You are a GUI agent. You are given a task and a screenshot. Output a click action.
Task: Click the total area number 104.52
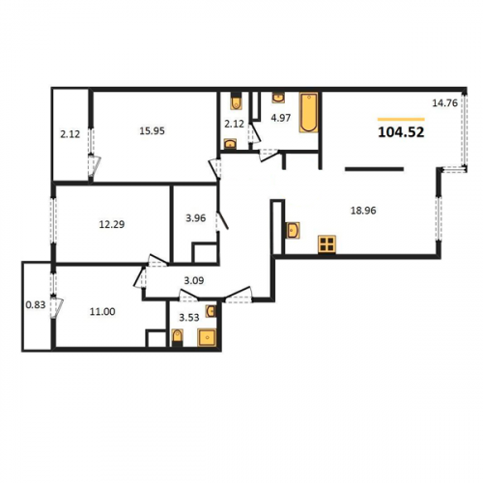point(401,132)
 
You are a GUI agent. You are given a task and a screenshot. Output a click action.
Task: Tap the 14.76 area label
point(444,103)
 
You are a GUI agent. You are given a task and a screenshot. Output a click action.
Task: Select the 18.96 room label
point(363,211)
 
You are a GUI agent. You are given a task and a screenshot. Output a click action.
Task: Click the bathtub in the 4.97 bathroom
point(309,112)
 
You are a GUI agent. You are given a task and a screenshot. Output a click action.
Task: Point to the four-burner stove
point(327,243)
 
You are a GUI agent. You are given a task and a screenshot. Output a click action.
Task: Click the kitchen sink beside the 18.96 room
point(293,230)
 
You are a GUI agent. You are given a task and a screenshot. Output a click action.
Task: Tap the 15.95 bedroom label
point(152,131)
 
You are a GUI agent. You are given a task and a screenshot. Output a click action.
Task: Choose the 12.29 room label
point(112,224)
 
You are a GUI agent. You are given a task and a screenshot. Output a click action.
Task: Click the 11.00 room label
point(102,312)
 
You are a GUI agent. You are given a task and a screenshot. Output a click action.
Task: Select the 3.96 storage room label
point(195,218)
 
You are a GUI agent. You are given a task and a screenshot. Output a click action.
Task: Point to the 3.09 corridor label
point(194,281)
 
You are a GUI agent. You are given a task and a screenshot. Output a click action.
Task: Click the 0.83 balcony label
point(36,304)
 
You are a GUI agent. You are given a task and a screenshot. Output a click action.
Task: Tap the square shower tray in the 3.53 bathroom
point(207,337)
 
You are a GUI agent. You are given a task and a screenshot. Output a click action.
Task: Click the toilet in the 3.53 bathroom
point(178,337)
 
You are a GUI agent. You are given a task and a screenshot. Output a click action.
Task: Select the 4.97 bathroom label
point(281,118)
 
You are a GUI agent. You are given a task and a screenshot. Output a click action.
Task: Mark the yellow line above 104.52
point(401,119)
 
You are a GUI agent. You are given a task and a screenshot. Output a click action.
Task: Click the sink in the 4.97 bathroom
point(278,98)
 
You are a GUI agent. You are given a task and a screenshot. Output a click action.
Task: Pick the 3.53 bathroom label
point(189,318)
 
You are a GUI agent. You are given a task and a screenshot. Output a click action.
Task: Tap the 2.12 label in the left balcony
point(71,134)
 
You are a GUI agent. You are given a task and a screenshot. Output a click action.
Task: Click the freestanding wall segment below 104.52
point(374,169)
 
